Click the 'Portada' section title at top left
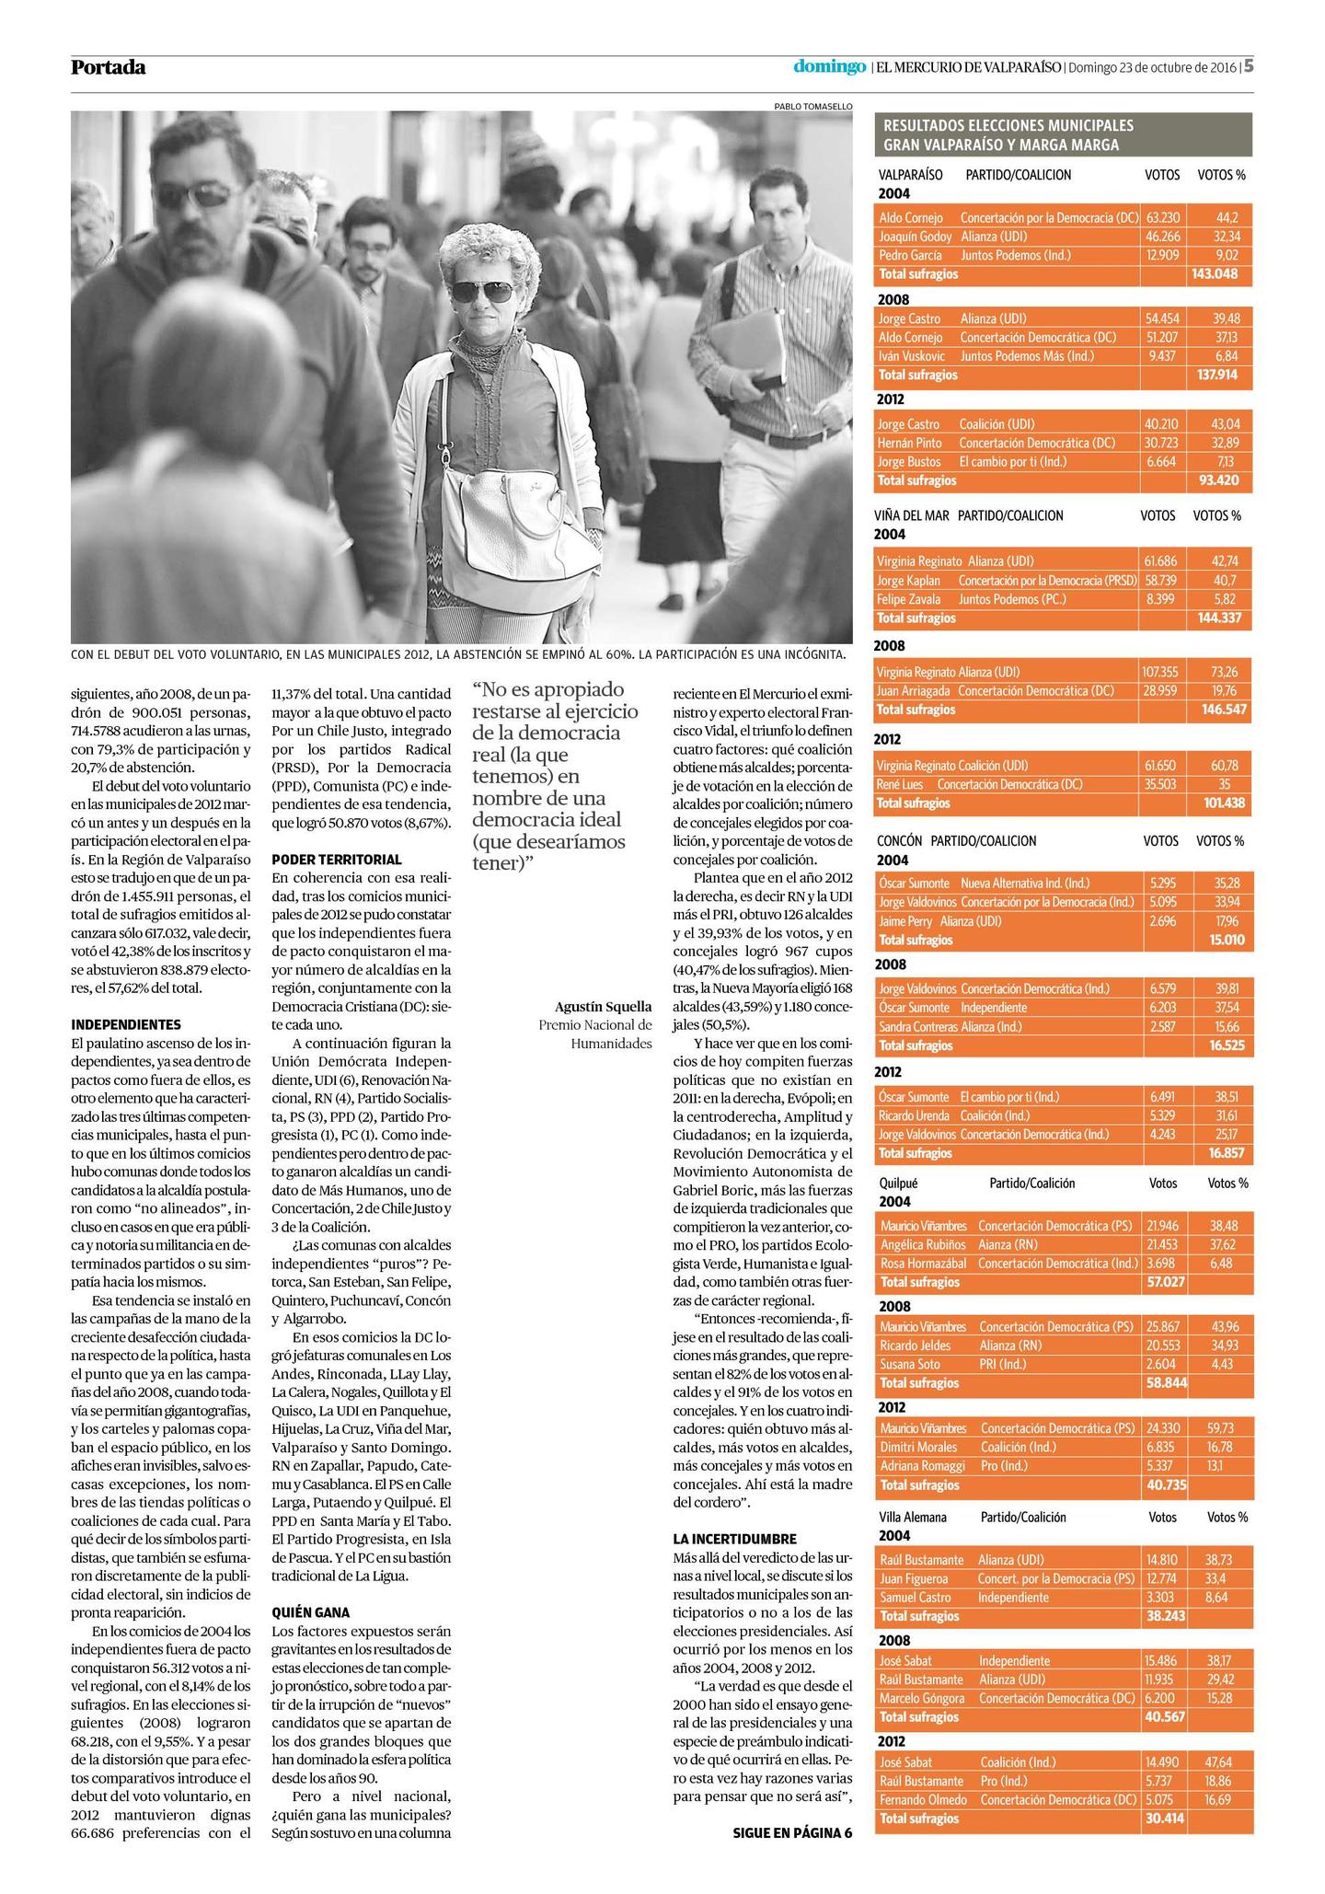(108, 67)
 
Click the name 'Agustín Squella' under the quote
(603, 1006)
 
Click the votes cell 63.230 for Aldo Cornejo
(1163, 218)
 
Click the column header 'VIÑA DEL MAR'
(912, 515)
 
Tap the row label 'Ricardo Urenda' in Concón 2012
(915, 1115)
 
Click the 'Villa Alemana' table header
(913, 1516)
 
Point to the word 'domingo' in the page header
(830, 66)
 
